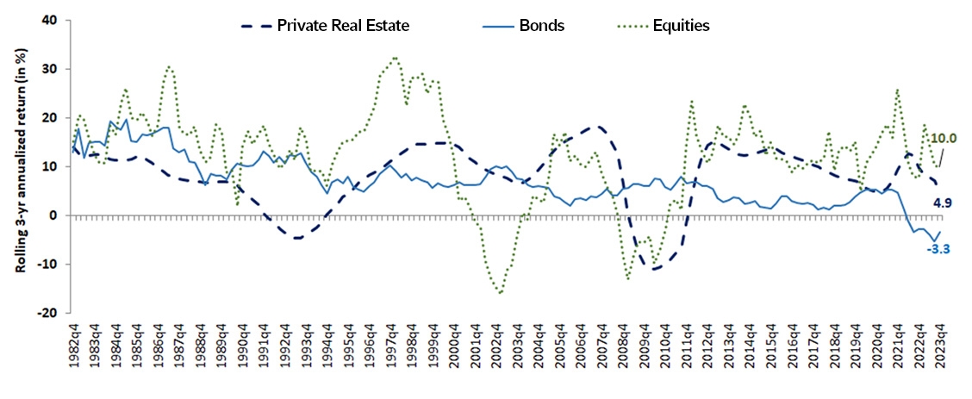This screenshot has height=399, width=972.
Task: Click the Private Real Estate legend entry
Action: click(343, 25)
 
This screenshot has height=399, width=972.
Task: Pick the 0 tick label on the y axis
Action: click(59, 215)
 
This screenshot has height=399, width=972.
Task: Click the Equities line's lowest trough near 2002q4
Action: click(500, 293)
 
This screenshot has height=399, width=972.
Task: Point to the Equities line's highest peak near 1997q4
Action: click(395, 59)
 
